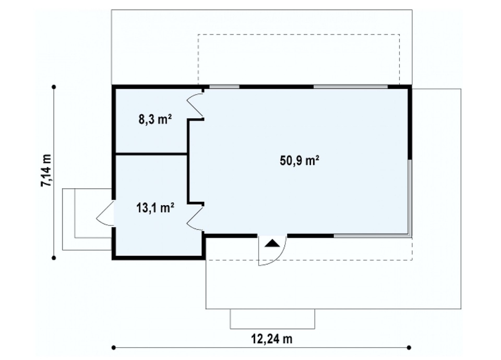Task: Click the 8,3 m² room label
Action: click(156, 119)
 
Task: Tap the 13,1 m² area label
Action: click(156, 208)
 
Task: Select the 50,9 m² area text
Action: click(300, 160)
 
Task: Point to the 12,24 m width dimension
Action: click(272, 339)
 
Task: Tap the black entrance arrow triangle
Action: click(272, 243)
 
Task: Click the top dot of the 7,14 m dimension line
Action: click(54, 87)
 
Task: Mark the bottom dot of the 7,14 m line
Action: click(54, 258)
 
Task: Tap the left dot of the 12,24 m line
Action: click(113, 347)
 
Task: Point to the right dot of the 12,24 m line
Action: click(409, 347)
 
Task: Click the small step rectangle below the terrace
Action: click(272, 319)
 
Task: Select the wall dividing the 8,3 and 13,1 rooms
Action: click(151, 154)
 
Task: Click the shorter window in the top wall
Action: click(224, 87)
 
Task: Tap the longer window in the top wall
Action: click(351, 87)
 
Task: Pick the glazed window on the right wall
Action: click(410, 198)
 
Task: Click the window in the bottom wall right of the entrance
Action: click(372, 236)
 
